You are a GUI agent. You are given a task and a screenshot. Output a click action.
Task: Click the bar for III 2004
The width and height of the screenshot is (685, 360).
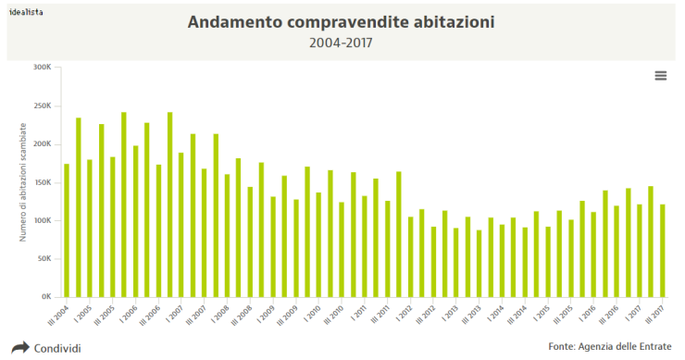click(x=67, y=230)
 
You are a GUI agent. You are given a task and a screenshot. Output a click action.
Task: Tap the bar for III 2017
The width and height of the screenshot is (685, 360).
click(x=662, y=251)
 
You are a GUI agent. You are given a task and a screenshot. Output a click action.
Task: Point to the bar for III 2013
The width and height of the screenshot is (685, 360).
click(x=479, y=263)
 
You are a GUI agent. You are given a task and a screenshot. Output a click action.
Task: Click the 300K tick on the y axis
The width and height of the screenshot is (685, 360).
click(x=42, y=68)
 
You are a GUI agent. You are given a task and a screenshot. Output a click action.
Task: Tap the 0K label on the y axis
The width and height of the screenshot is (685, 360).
click(x=45, y=297)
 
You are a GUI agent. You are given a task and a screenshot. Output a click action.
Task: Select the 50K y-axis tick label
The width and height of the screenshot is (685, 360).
click(x=44, y=259)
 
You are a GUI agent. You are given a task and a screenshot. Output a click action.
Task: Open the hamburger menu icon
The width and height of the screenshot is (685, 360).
click(x=661, y=76)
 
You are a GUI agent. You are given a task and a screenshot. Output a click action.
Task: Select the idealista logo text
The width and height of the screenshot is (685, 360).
click(x=28, y=12)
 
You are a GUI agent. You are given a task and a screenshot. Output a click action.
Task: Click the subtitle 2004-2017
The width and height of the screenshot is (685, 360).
click(x=342, y=42)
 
